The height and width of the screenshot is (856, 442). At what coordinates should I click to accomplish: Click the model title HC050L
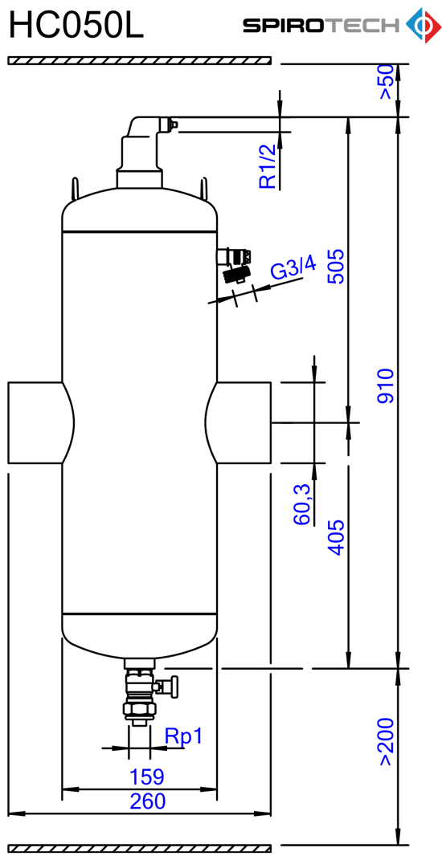(76, 26)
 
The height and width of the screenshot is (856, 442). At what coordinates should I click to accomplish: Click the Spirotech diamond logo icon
(423, 25)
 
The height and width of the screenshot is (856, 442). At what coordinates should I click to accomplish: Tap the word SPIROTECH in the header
(321, 26)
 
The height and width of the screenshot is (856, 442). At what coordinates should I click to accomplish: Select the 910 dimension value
(387, 386)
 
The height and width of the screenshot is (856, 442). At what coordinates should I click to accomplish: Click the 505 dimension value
(336, 267)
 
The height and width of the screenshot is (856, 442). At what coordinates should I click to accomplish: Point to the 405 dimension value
(336, 537)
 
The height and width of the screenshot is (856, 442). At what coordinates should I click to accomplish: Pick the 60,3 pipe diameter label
(302, 504)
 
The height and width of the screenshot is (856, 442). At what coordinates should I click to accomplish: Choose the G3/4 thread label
(293, 270)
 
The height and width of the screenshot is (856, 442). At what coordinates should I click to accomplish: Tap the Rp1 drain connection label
(183, 736)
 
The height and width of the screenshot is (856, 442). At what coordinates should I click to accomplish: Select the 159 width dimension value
(146, 777)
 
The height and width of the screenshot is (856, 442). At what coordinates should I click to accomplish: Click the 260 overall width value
(147, 801)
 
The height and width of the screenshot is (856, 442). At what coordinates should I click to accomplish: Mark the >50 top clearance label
(386, 82)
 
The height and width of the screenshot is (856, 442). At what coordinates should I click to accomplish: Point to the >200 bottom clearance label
(387, 741)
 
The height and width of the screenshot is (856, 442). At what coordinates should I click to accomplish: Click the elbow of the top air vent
(142, 127)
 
